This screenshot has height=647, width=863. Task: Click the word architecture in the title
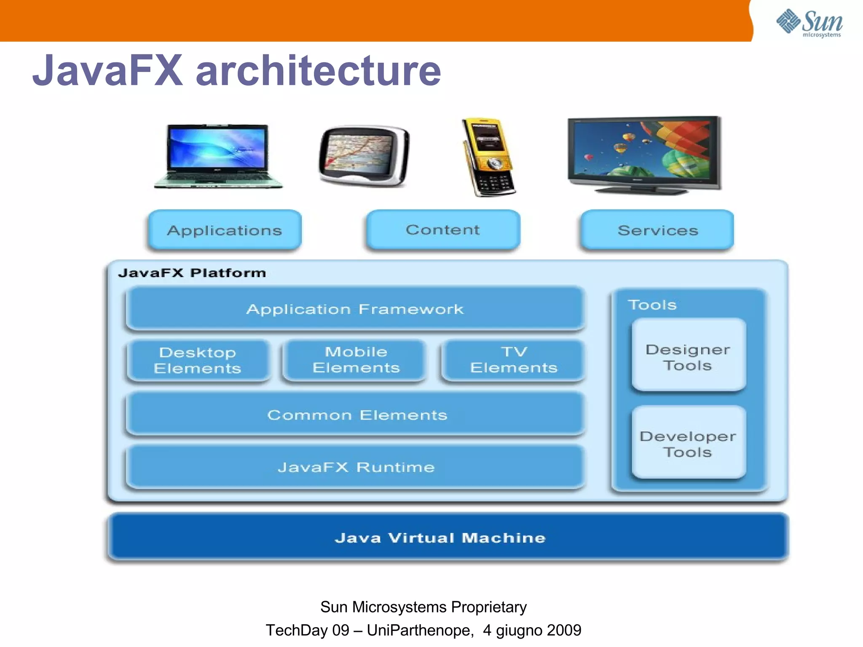click(x=318, y=70)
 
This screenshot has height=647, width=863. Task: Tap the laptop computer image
click(x=218, y=156)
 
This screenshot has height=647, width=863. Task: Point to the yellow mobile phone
click(x=489, y=157)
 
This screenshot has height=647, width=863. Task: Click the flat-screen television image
click(x=644, y=155)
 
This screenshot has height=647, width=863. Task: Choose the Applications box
click(x=225, y=230)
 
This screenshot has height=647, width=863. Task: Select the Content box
click(x=443, y=230)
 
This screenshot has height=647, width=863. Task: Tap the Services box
click(x=657, y=230)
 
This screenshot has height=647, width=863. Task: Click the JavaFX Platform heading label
click(x=192, y=273)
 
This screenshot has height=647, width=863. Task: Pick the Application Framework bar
click(x=355, y=309)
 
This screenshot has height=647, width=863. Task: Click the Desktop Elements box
click(x=198, y=361)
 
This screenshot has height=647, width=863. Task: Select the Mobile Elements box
click(x=356, y=360)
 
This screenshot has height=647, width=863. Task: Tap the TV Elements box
click(x=514, y=360)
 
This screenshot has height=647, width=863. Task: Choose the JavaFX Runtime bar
click(x=356, y=467)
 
